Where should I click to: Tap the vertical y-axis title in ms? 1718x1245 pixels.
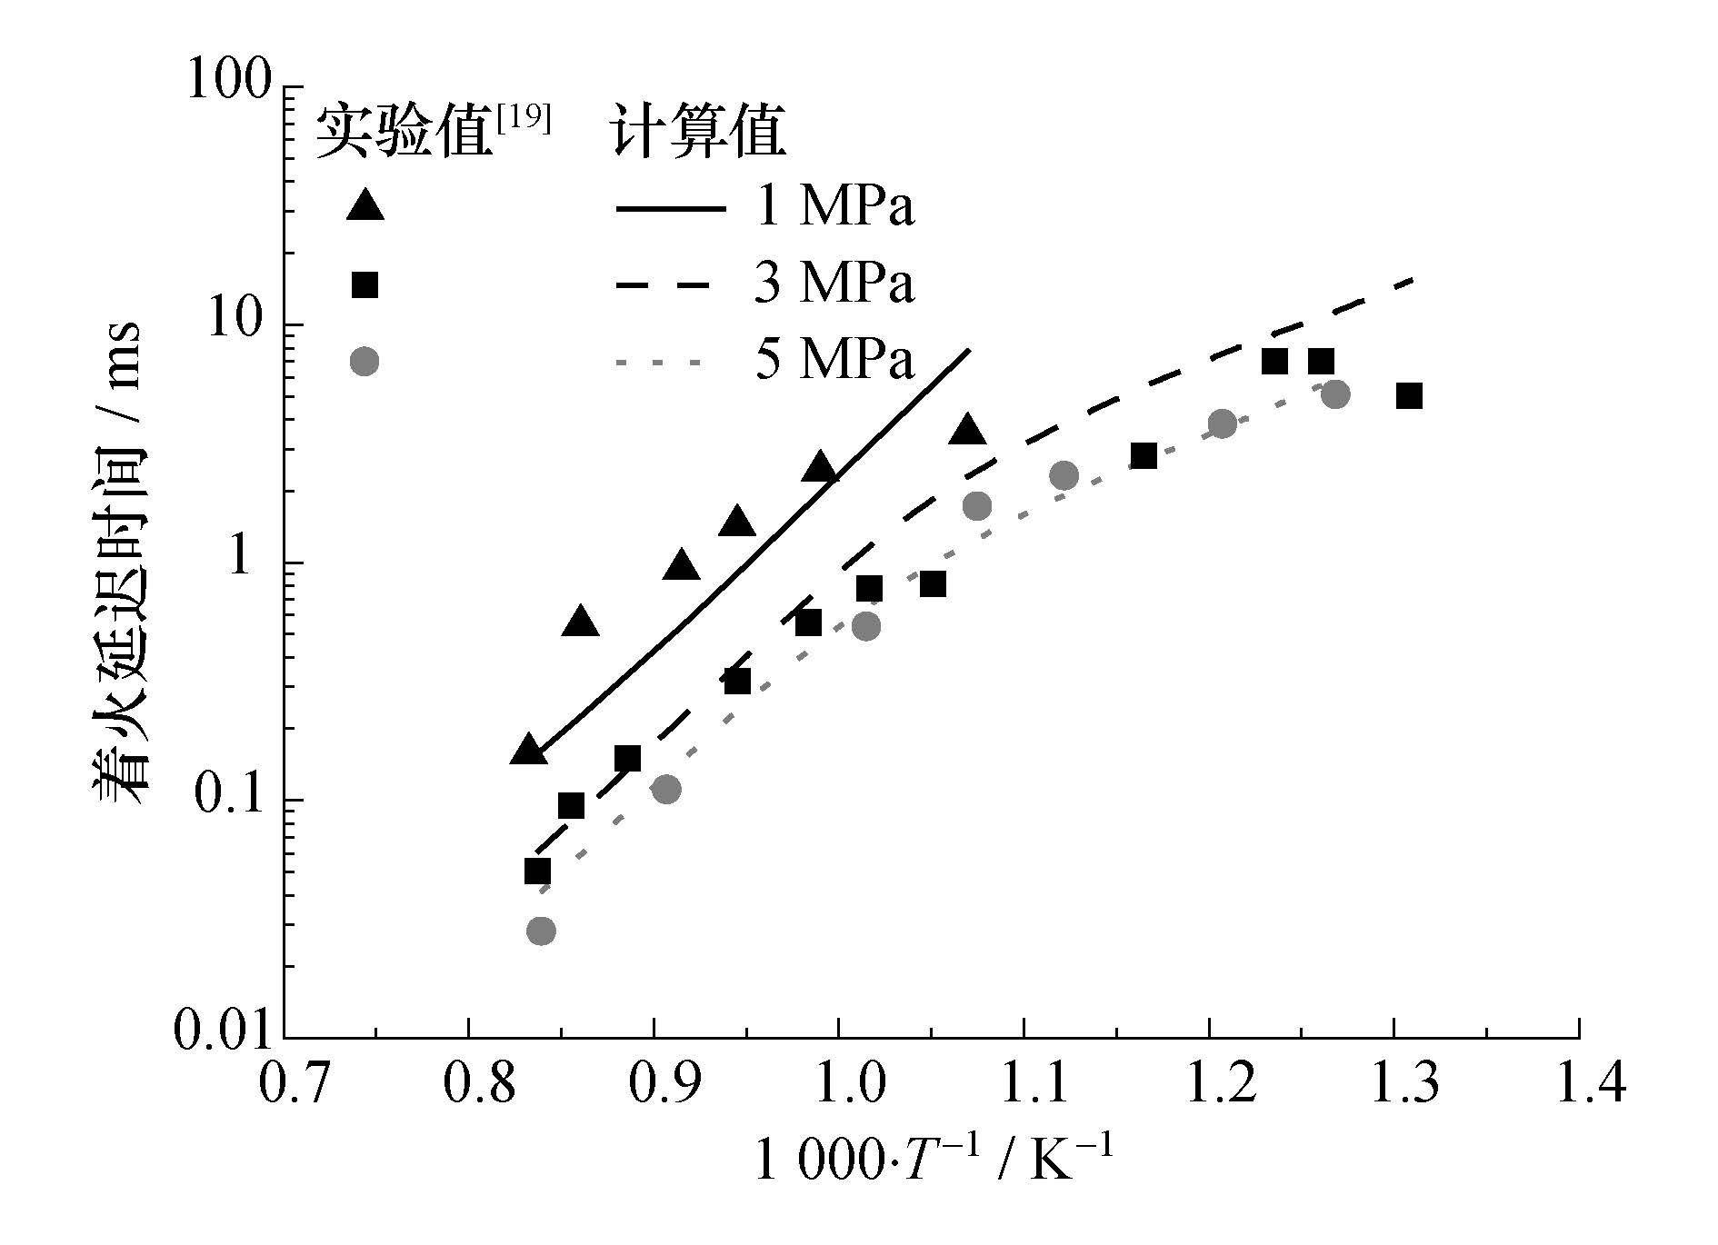[118, 564]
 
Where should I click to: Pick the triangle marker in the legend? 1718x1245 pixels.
[365, 205]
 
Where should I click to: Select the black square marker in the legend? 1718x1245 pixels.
[365, 284]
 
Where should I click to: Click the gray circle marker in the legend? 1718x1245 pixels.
[365, 361]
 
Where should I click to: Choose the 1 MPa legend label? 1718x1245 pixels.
[834, 207]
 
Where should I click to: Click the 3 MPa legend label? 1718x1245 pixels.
[834, 284]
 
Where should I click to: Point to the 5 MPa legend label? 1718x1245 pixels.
[834, 360]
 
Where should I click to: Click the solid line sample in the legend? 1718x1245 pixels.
[671, 209]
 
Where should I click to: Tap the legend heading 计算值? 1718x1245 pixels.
[698, 133]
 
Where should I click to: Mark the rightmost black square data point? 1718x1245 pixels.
[1409, 396]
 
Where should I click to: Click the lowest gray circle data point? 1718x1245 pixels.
[541, 931]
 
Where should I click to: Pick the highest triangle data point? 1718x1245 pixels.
[968, 430]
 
